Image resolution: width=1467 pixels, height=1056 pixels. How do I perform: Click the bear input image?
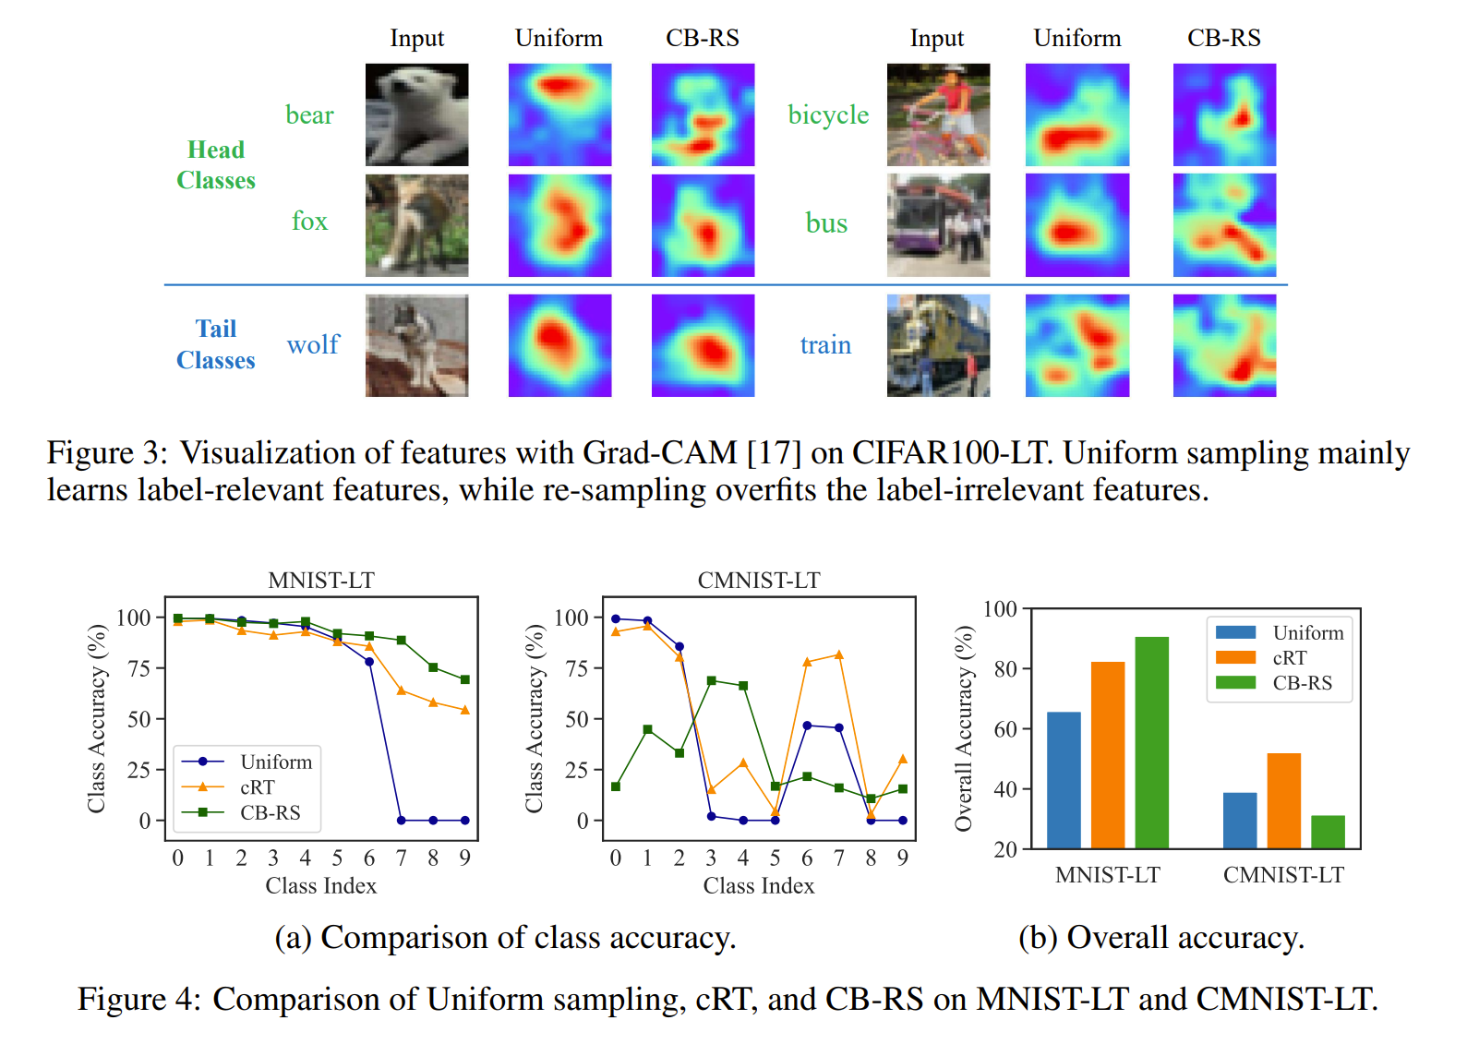point(416,114)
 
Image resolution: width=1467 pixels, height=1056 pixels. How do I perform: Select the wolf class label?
point(313,345)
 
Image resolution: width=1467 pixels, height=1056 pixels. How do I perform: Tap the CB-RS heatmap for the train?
point(1224,345)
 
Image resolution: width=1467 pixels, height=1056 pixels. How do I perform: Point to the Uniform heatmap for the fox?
point(559,225)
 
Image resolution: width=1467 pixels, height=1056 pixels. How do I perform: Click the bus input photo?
point(938,225)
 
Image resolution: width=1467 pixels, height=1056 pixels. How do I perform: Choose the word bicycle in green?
point(828,114)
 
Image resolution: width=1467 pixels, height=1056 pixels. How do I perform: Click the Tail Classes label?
point(216,344)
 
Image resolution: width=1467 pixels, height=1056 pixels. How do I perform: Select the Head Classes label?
point(216,164)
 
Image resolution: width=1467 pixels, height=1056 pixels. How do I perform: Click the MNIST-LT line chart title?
point(321,580)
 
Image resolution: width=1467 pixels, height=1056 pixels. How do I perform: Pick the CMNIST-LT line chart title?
point(759,580)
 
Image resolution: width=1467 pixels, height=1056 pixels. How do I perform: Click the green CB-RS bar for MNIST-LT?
point(1151,742)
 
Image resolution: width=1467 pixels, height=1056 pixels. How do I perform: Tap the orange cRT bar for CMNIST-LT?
point(1283,800)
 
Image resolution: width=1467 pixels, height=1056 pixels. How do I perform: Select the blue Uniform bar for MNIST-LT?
point(1064,780)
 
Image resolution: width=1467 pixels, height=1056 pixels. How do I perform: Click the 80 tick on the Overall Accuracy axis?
point(1005,668)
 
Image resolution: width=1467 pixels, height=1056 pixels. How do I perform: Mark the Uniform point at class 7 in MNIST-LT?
point(401,820)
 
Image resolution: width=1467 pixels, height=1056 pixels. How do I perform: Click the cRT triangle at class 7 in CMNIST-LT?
point(838,655)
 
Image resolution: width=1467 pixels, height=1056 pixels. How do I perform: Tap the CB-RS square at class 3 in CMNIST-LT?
point(711,681)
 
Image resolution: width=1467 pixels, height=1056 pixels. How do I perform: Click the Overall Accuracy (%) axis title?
point(964,728)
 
